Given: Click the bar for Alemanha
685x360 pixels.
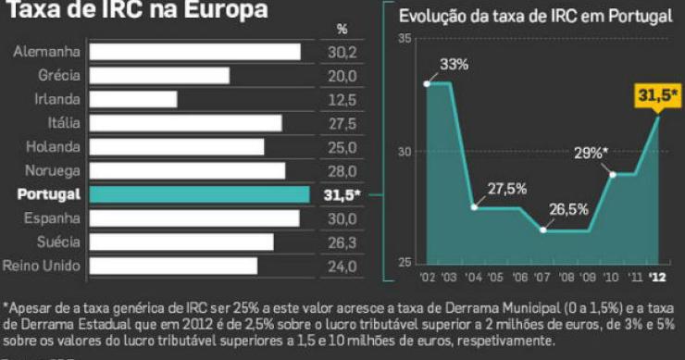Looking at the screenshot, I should click(196, 52).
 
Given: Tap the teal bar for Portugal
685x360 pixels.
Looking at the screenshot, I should click(200, 194).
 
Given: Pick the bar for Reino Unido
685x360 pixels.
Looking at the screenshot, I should click(174, 266).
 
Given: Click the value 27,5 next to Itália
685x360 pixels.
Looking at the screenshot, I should click(342, 123).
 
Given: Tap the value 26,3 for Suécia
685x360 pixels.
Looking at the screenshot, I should click(342, 242).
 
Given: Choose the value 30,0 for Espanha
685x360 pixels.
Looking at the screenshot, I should click(342, 218).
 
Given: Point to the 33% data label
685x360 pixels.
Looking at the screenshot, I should click(455, 65).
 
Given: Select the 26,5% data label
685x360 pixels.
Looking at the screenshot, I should click(567, 209).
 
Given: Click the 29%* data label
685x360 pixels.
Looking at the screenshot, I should click(591, 153).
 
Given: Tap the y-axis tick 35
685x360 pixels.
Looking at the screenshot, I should click(405, 38).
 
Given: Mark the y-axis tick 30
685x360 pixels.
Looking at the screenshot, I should click(405, 152).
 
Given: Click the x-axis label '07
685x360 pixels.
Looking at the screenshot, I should click(542, 277).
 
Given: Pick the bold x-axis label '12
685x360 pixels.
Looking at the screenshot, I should click(657, 277).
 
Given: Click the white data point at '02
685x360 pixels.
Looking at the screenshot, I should click(427, 83).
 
